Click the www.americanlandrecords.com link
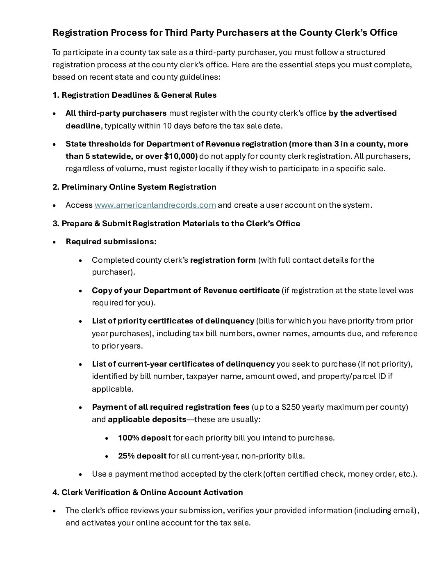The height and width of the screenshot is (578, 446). [155, 205]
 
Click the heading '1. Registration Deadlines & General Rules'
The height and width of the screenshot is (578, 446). [134, 95]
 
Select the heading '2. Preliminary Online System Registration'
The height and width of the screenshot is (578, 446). [134, 187]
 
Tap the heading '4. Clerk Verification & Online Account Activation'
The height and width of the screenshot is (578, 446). [148, 492]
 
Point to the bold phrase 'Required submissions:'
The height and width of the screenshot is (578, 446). [111, 242]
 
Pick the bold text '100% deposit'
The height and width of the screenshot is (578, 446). [144, 438]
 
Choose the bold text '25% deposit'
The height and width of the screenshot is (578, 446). [142, 456]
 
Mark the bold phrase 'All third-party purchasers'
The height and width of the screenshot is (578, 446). [116, 113]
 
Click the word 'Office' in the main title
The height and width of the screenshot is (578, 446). [384, 33]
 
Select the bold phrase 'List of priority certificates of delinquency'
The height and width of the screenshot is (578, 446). [173, 321]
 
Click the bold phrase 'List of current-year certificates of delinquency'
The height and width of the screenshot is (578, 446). [183, 364]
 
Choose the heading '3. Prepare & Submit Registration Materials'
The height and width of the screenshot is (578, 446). [176, 224]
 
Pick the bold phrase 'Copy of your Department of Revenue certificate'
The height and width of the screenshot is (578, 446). [186, 291]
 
